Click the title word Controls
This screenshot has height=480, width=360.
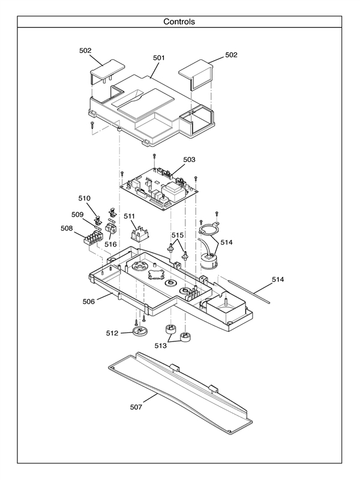[x=179, y=22]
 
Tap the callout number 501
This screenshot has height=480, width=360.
[x=158, y=58]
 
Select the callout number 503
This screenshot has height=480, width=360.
[x=189, y=160]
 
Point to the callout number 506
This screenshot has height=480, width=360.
[x=88, y=301]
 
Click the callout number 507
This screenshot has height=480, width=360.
[x=136, y=407]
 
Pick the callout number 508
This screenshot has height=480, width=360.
[x=67, y=229]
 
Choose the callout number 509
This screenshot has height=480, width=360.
[x=77, y=214]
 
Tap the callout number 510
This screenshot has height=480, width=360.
[x=84, y=198]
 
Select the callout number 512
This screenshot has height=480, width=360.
[x=112, y=333]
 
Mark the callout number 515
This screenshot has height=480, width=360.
[x=178, y=235]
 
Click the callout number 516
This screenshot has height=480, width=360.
[x=110, y=244]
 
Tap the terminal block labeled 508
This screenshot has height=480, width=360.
[x=93, y=236]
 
